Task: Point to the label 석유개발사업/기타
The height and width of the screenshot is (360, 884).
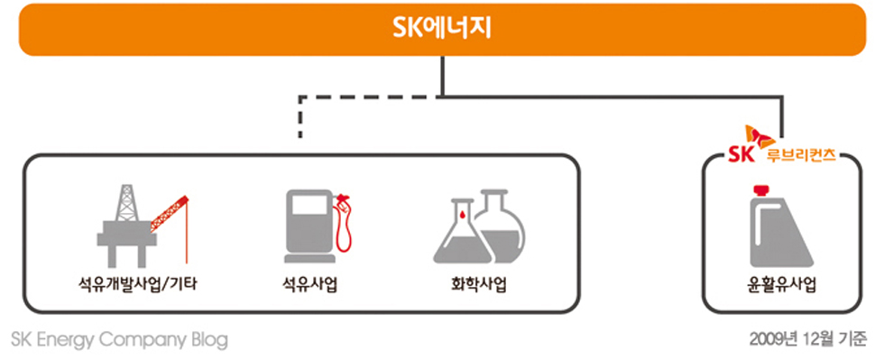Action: tap(138, 286)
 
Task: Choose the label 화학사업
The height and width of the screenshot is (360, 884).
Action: tap(478, 286)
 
